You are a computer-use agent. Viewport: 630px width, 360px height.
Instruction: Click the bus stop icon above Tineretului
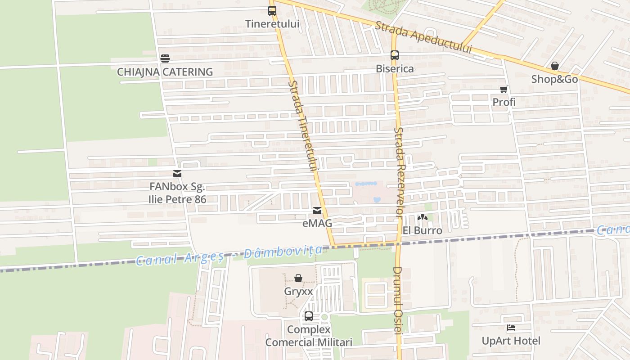pyautogui.click(x=272, y=11)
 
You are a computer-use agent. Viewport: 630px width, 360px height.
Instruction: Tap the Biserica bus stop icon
pyautogui.click(x=395, y=55)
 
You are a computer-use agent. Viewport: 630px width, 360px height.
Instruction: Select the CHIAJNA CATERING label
pyautogui.click(x=165, y=72)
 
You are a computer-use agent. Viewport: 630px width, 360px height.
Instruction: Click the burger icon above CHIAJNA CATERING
pyautogui.click(x=165, y=58)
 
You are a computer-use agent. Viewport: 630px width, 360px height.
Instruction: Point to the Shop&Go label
pyautogui.click(x=554, y=79)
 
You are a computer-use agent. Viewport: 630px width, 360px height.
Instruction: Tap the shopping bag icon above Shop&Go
pyautogui.click(x=555, y=66)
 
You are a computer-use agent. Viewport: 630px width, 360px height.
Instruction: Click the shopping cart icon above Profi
pyautogui.click(x=504, y=89)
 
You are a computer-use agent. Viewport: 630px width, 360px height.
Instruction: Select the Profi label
pyautogui.click(x=504, y=102)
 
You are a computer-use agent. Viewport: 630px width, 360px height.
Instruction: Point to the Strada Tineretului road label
pyautogui.click(x=303, y=126)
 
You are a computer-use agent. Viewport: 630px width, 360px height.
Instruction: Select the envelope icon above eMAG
pyautogui.click(x=317, y=210)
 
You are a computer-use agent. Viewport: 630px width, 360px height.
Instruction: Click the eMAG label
pyautogui.click(x=317, y=223)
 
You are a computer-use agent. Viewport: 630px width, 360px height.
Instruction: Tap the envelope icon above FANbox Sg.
pyautogui.click(x=177, y=174)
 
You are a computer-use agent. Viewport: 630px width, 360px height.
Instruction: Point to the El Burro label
pyautogui.click(x=422, y=230)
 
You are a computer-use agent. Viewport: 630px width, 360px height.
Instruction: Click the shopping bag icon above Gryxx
pyautogui.click(x=298, y=278)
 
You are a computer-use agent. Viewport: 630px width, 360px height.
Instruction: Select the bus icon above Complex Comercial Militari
pyautogui.click(x=309, y=316)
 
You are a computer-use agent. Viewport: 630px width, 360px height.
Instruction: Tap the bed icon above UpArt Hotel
pyautogui.click(x=511, y=328)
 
